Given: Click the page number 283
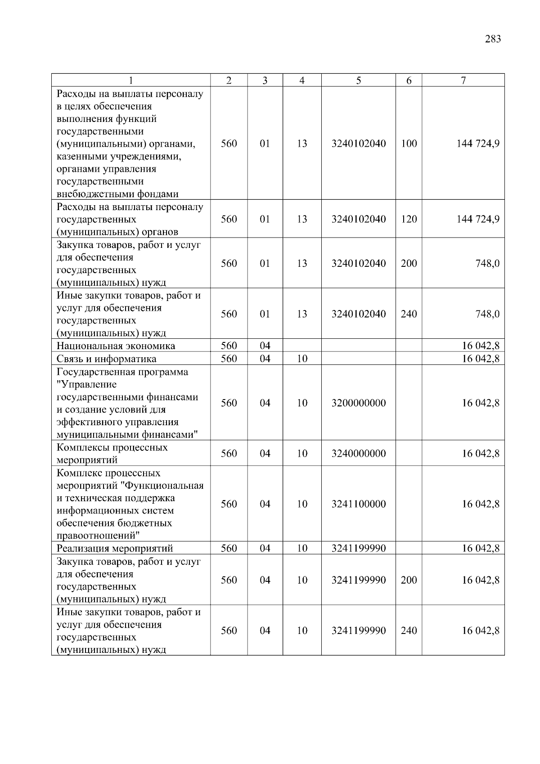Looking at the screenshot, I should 493,39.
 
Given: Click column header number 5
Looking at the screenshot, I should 358,81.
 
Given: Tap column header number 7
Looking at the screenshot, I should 463,81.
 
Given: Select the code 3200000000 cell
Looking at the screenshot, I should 358,403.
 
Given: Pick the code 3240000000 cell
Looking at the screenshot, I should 358,454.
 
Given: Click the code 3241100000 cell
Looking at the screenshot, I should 358,504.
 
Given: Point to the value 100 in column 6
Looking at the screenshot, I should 409,144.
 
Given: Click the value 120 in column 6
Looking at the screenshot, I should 409,219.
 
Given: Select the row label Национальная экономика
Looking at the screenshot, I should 116,346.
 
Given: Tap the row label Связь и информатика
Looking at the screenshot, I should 106,359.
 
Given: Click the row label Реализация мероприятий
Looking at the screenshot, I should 115,548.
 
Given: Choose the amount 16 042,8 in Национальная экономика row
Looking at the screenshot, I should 480,346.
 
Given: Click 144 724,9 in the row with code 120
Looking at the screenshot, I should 477,219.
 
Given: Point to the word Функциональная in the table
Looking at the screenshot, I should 164,486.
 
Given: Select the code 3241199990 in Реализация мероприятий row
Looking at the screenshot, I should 358,548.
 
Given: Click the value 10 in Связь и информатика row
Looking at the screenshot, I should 301,359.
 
